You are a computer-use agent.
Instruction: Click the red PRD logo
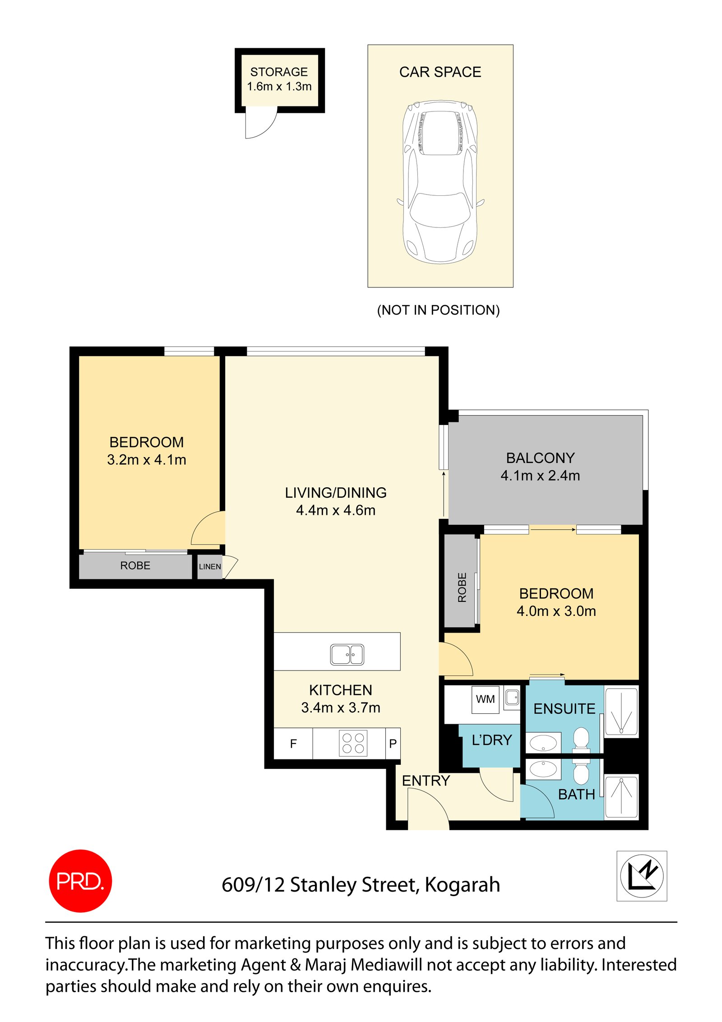[x=80, y=880]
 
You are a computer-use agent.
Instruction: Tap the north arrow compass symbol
[x=641, y=875]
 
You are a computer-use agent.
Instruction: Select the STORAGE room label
[x=279, y=72]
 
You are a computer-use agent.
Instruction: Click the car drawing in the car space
[x=440, y=182]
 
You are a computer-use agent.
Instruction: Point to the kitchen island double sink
[x=347, y=654]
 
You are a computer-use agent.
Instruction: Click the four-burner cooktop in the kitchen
[x=353, y=743]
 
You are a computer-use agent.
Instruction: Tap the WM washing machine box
[x=485, y=699]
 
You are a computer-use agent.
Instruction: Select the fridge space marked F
[x=293, y=744]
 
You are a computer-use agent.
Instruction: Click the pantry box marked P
[x=393, y=744]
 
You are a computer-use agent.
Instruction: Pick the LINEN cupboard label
[x=210, y=567]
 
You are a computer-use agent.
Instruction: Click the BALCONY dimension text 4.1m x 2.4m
[x=540, y=476]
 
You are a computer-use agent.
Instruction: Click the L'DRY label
[x=492, y=740]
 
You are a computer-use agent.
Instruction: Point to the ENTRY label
[x=426, y=781]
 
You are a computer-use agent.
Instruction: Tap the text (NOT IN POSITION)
[x=438, y=310]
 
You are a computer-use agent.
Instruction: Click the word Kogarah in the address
[x=462, y=885]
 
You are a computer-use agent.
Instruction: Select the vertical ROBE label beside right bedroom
[x=462, y=587]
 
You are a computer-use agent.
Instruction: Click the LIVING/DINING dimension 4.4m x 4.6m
[x=335, y=510]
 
